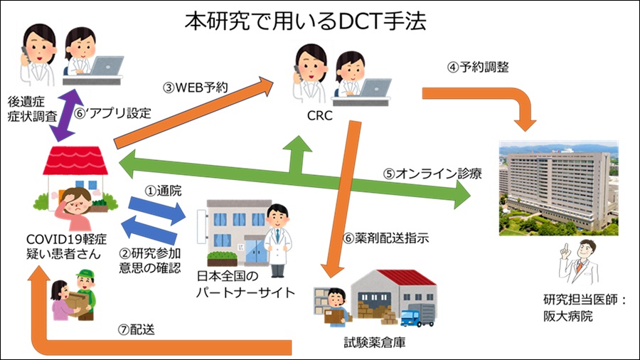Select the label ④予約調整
477,68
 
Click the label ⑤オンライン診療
424,174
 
